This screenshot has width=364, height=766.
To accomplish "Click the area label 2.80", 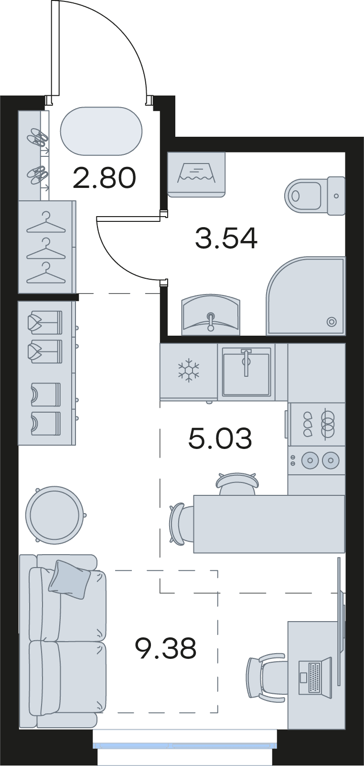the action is click(105, 178).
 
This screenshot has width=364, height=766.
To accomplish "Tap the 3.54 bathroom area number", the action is click(226, 238).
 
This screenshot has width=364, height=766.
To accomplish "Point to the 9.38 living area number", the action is click(166, 648).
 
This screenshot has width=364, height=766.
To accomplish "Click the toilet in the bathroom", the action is click(315, 196).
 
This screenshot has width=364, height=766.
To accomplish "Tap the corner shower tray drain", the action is click(331, 322).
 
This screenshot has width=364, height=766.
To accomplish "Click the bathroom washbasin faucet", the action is click(211, 321).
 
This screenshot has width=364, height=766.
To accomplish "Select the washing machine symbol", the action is click(196, 175).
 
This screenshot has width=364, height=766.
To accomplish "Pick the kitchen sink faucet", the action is click(246, 362).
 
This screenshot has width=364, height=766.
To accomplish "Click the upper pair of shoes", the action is click(38, 137).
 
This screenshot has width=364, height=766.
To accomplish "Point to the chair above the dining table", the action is click(237, 483).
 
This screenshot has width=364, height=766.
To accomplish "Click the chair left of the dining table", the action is click(182, 524).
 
